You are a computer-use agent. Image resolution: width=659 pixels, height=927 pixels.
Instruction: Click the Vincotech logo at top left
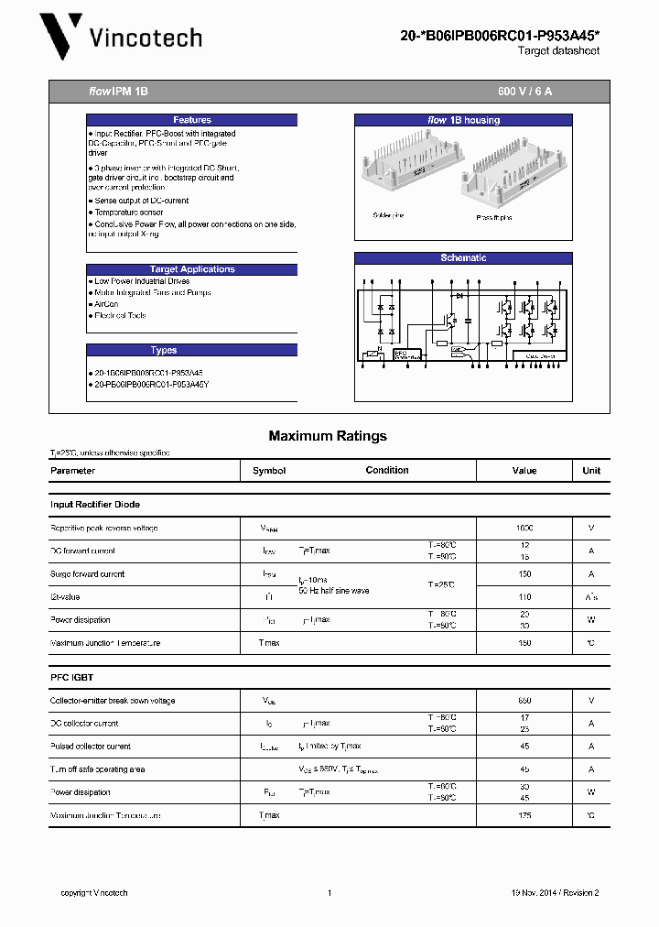pyautogui.click(x=120, y=38)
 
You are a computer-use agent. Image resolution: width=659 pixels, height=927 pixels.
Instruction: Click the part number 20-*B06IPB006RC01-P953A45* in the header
pyautogui.click(x=501, y=36)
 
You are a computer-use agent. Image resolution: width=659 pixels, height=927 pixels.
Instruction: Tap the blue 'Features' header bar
pyautogui.click(x=192, y=120)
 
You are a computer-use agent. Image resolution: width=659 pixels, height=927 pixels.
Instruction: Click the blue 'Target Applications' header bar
pyautogui.click(x=192, y=269)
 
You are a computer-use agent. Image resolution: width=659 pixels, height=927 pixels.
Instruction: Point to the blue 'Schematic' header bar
pyautogui.click(x=463, y=258)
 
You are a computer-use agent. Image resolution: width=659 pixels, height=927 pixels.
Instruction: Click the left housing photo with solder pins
pyautogui.click(x=401, y=169)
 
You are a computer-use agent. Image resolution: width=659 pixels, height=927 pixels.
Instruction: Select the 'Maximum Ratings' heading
pyautogui.click(x=328, y=436)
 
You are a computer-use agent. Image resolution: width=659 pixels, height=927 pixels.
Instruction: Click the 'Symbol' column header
pyautogui.click(x=269, y=471)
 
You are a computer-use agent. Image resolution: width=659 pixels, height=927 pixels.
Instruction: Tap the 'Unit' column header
pyautogui.click(x=591, y=471)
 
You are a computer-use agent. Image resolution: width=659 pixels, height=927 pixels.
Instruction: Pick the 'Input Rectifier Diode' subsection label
pyautogui.click(x=95, y=505)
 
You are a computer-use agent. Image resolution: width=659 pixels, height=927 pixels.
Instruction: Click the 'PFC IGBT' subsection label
pyautogui.click(x=71, y=677)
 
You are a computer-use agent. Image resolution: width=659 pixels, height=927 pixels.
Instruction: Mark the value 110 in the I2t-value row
pyautogui.click(x=524, y=597)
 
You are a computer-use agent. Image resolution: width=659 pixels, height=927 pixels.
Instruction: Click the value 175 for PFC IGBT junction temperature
pyautogui.click(x=524, y=815)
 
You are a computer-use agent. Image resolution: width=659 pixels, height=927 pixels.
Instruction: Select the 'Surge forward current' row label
pyautogui.click(x=88, y=574)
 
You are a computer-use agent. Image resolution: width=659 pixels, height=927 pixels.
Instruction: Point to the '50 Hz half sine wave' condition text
pyautogui.click(x=333, y=591)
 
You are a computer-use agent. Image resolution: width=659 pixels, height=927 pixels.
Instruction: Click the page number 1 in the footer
pyautogui.click(x=329, y=893)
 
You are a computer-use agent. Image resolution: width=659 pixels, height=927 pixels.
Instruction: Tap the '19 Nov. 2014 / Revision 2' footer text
pyautogui.click(x=555, y=893)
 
